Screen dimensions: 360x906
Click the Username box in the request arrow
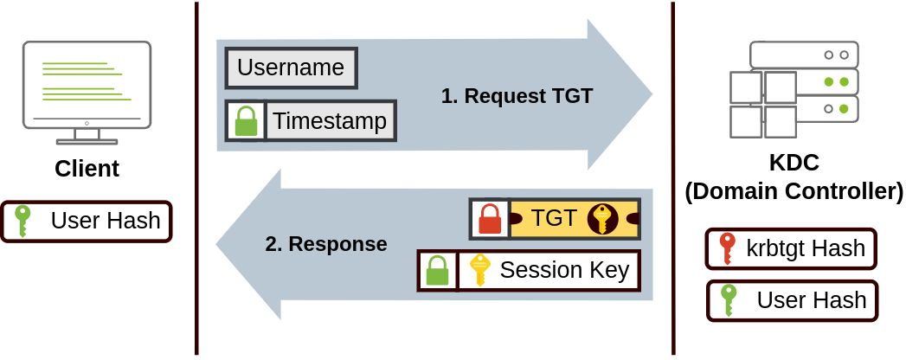pos(291,67)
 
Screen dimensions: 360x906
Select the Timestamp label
pos(330,121)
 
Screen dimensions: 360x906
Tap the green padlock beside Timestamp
pos(247,121)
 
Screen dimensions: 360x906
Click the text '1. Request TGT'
pos(517,96)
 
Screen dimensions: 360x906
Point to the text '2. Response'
pos(325,244)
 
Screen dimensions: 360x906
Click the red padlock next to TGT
pos(490,218)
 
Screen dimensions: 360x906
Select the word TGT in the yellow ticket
pos(554,218)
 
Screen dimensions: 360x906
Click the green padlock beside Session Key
pos(438,271)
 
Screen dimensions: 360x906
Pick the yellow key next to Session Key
pos(479,271)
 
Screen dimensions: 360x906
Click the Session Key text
pos(564,271)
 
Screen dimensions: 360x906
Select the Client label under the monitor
pos(87,168)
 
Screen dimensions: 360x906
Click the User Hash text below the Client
pos(106,222)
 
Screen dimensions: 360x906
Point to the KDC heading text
pos(794,163)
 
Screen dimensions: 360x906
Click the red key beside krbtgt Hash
pos(727,249)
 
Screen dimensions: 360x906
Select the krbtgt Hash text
pos(806,249)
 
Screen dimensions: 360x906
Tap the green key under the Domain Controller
pos(729,300)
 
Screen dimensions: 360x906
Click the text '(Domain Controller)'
pos(794,191)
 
